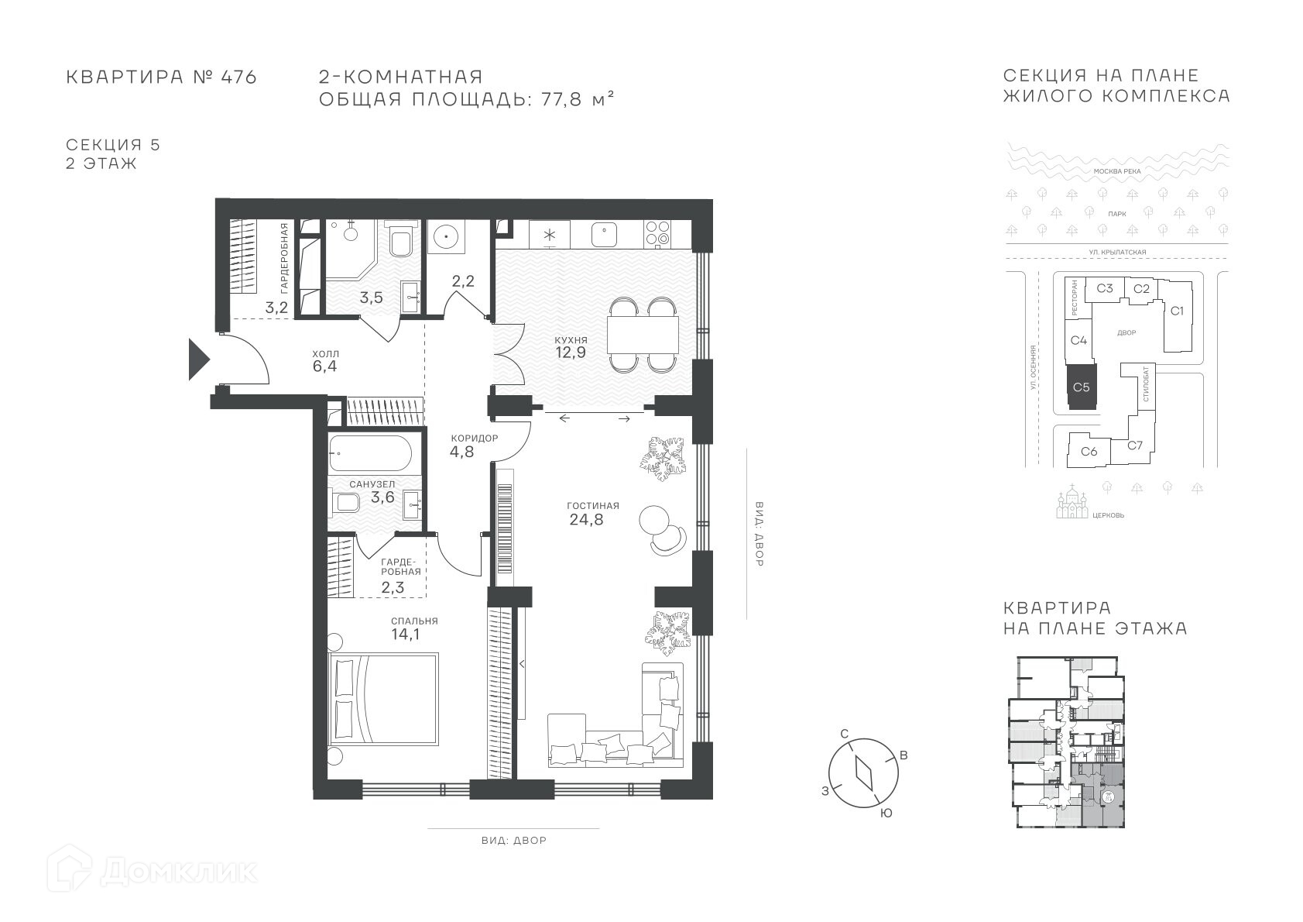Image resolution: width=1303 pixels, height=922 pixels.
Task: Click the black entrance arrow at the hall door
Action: pyautogui.click(x=197, y=360)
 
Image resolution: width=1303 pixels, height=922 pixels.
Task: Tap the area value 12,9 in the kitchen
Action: pyautogui.click(x=570, y=353)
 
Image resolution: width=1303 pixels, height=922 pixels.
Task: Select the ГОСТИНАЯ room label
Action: pyautogui.click(x=593, y=506)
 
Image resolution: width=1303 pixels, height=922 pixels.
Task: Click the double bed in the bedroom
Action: pyautogui.click(x=383, y=699)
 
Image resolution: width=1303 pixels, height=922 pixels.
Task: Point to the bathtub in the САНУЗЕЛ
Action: pyautogui.click(x=371, y=452)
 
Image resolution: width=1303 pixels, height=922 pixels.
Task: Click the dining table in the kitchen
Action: pyautogui.click(x=643, y=335)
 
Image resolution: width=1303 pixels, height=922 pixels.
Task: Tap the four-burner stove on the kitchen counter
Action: pyautogui.click(x=658, y=234)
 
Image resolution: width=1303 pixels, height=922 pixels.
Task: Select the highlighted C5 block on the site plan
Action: pyautogui.click(x=1082, y=387)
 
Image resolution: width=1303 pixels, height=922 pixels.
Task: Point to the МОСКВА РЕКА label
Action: pyautogui.click(x=1117, y=171)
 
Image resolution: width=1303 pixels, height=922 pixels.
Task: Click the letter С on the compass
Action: pyautogui.click(x=845, y=734)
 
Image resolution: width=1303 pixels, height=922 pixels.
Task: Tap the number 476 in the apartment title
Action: pyautogui.click(x=238, y=77)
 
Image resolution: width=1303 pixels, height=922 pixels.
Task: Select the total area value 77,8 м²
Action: pyautogui.click(x=578, y=99)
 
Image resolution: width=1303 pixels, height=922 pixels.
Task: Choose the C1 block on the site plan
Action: pyautogui.click(x=1177, y=311)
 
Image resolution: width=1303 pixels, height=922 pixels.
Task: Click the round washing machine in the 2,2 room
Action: pyautogui.click(x=446, y=237)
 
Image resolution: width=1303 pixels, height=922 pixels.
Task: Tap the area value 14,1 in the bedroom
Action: pyautogui.click(x=406, y=635)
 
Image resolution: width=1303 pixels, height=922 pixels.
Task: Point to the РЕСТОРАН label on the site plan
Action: pyautogui.click(x=1074, y=298)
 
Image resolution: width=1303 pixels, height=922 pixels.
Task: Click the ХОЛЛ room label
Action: pyautogui.click(x=325, y=354)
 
